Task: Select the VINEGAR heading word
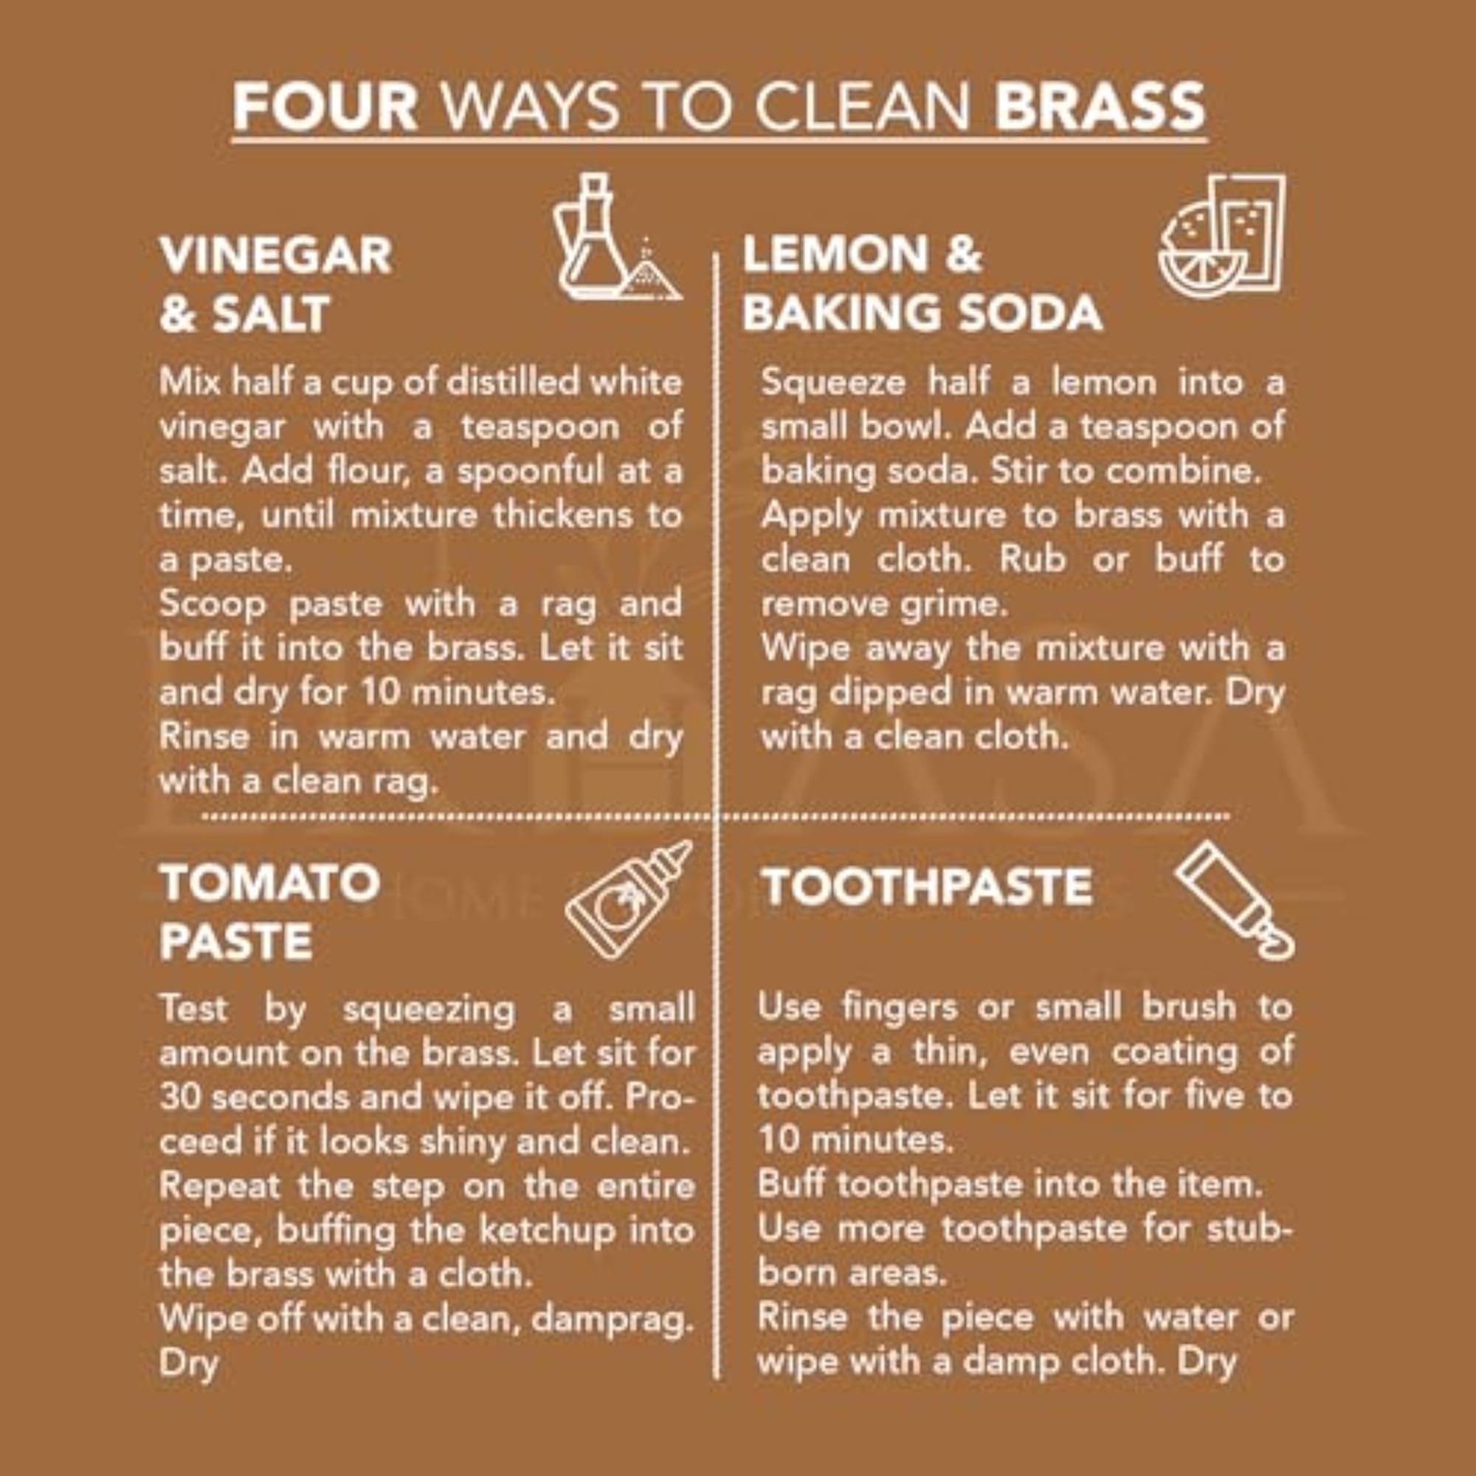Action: (x=276, y=255)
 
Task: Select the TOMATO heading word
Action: (x=269, y=883)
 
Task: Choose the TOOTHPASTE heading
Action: (x=926, y=887)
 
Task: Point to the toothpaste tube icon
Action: (x=1234, y=899)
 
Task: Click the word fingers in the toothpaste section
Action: (x=899, y=1007)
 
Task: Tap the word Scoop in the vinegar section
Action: (x=213, y=604)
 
